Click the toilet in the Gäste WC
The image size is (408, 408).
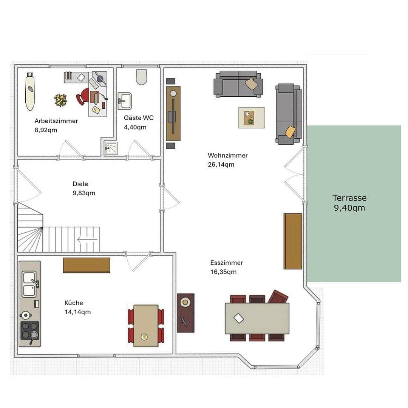pyautogui.click(x=141, y=77)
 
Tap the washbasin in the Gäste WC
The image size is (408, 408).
pyautogui.click(x=124, y=101)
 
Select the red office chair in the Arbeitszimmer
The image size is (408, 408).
pyautogui.click(x=83, y=96)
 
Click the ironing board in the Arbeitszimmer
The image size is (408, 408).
pyautogui.click(x=30, y=92)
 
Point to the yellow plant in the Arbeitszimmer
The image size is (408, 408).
pyautogui.click(x=60, y=100)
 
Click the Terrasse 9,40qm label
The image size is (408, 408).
pyautogui.click(x=349, y=203)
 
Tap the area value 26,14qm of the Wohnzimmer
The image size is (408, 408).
pyautogui.click(x=221, y=164)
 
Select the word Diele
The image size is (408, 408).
pyautogui.click(x=80, y=184)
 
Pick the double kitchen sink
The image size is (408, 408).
pyautogui.click(x=29, y=284)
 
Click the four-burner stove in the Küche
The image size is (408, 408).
pyautogui.click(x=29, y=331)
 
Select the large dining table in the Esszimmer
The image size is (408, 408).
pyautogui.click(x=257, y=318)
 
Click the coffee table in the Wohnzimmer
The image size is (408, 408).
pyautogui.click(x=251, y=118)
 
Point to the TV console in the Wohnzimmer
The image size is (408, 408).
pyautogui.click(x=173, y=113)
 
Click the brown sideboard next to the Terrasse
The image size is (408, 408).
pyautogui.click(x=293, y=241)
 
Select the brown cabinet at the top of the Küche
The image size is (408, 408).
pyautogui.click(x=87, y=265)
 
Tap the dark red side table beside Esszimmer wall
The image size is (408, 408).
pyautogui.click(x=185, y=313)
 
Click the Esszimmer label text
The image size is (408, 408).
pyautogui.click(x=226, y=263)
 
